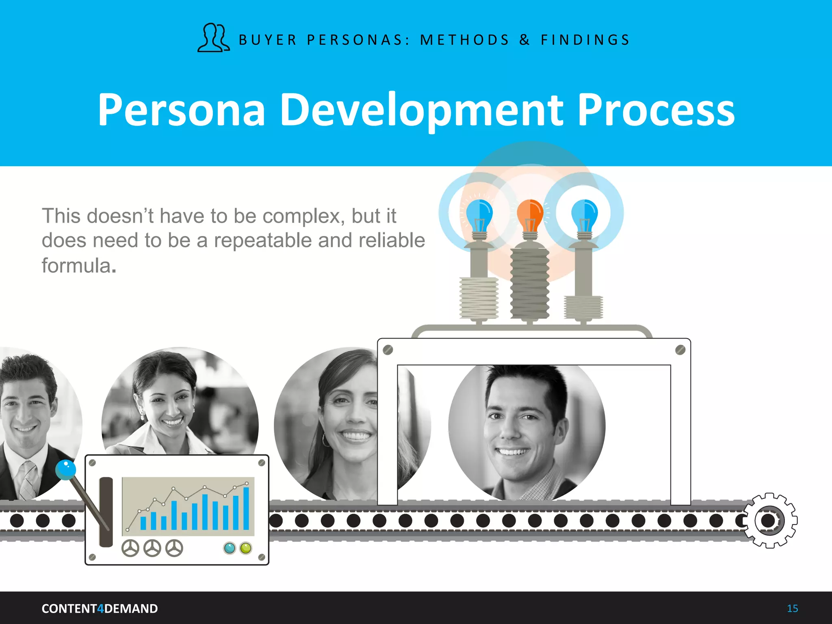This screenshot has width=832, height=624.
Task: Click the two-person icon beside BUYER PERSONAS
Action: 214,38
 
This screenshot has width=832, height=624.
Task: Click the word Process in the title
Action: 656,110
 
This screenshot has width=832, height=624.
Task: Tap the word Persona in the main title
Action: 182,110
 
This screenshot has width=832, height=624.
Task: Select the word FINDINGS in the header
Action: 585,40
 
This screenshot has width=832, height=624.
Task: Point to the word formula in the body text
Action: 76,266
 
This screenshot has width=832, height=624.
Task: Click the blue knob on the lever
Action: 65,469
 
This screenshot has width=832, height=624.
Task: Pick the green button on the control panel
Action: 246,548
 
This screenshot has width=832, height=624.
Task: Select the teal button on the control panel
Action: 230,548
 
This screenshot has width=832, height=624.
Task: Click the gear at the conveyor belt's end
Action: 769,520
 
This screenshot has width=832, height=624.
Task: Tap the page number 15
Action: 792,609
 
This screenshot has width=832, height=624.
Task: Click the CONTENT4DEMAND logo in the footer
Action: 100,609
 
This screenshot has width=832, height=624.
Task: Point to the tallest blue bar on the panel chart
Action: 246,508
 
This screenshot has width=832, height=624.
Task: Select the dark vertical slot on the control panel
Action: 106,512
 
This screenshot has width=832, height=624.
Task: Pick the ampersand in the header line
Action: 524,40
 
